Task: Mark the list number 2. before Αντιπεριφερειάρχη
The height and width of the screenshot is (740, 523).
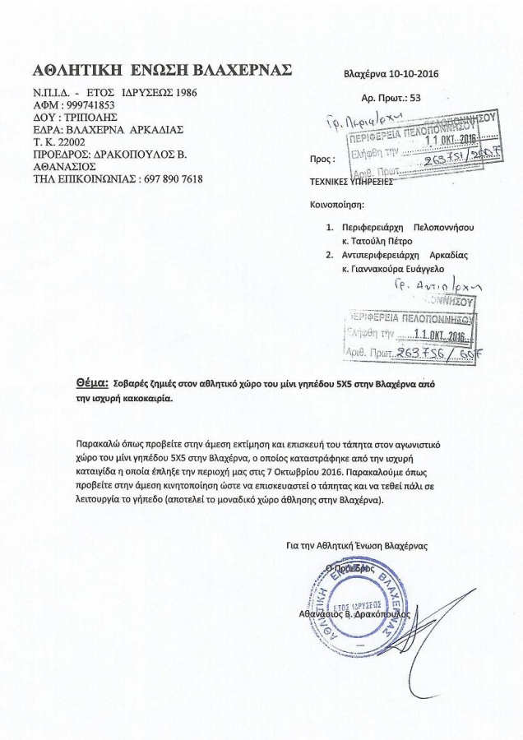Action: pyautogui.click(x=329, y=255)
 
